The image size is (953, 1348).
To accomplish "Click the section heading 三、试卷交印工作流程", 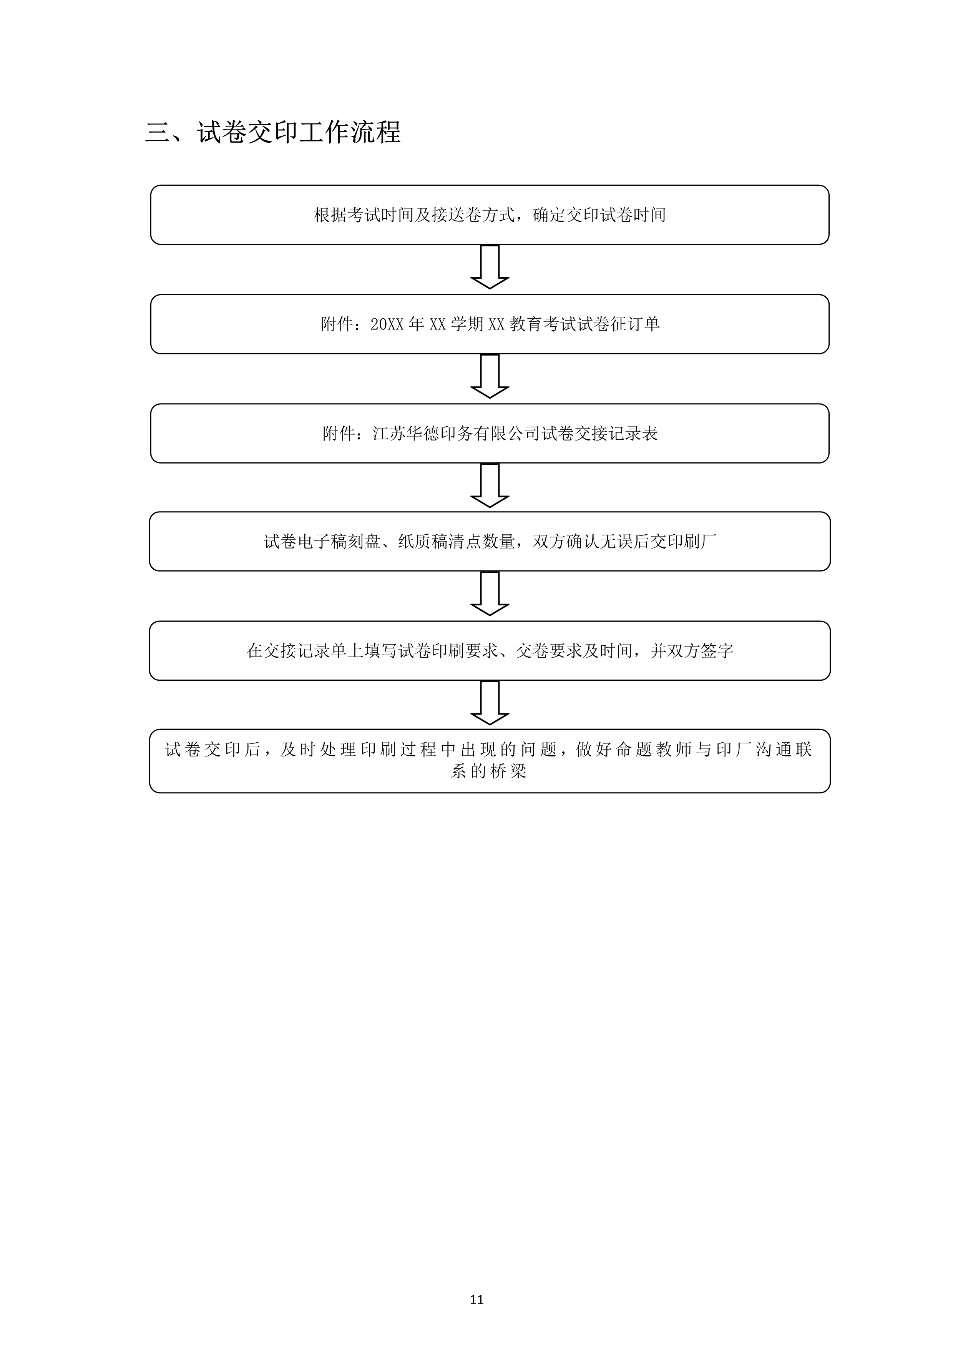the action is pyautogui.click(x=273, y=132).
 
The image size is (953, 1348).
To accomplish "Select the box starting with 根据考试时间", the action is pyautogui.click(x=490, y=215).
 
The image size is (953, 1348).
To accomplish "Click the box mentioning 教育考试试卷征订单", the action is pyautogui.click(x=490, y=324).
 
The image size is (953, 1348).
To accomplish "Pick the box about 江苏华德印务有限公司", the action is pyautogui.click(x=490, y=433).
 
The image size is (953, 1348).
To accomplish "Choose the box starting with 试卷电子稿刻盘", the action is pyautogui.click(x=490, y=541).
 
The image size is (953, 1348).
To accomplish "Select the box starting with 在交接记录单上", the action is pyautogui.click(x=490, y=650).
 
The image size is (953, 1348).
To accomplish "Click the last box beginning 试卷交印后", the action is pyautogui.click(x=490, y=761).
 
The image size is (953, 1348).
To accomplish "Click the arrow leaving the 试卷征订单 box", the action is pyautogui.click(x=490, y=376).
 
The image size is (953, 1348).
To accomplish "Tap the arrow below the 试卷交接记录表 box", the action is pyautogui.click(x=490, y=485).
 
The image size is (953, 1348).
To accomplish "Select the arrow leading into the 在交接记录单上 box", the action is pyautogui.click(x=490, y=593).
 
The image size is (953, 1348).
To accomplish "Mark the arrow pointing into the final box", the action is pyautogui.click(x=490, y=703).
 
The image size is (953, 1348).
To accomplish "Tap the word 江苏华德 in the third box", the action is pyautogui.click(x=406, y=433).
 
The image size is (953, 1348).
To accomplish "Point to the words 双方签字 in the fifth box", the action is pyautogui.click(x=701, y=650).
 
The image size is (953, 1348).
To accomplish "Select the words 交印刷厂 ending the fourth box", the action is pyautogui.click(x=684, y=541).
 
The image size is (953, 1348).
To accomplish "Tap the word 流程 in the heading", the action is pyautogui.click(x=375, y=132).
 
